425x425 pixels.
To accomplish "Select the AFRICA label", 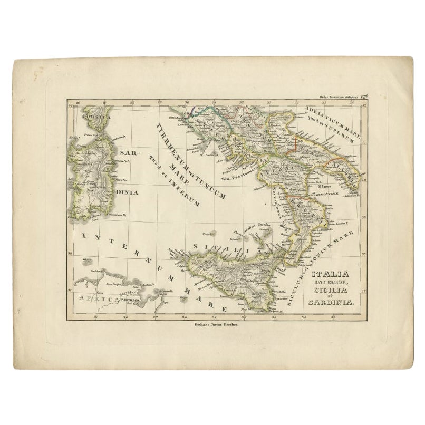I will pyautogui.click(x=94, y=300).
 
